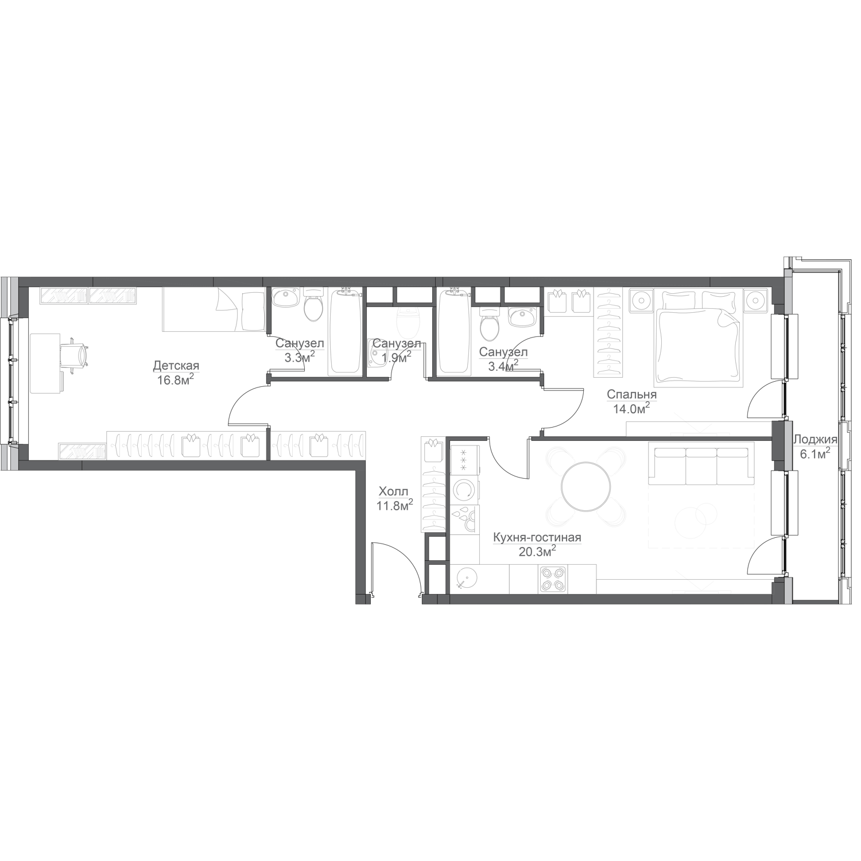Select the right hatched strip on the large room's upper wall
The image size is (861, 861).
(x=113, y=296)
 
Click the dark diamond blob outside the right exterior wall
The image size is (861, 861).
(x=817, y=443)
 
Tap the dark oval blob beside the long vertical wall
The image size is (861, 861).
(x=395, y=497)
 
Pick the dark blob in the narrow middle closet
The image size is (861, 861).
(x=396, y=344)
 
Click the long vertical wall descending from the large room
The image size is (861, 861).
(x=362, y=534)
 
